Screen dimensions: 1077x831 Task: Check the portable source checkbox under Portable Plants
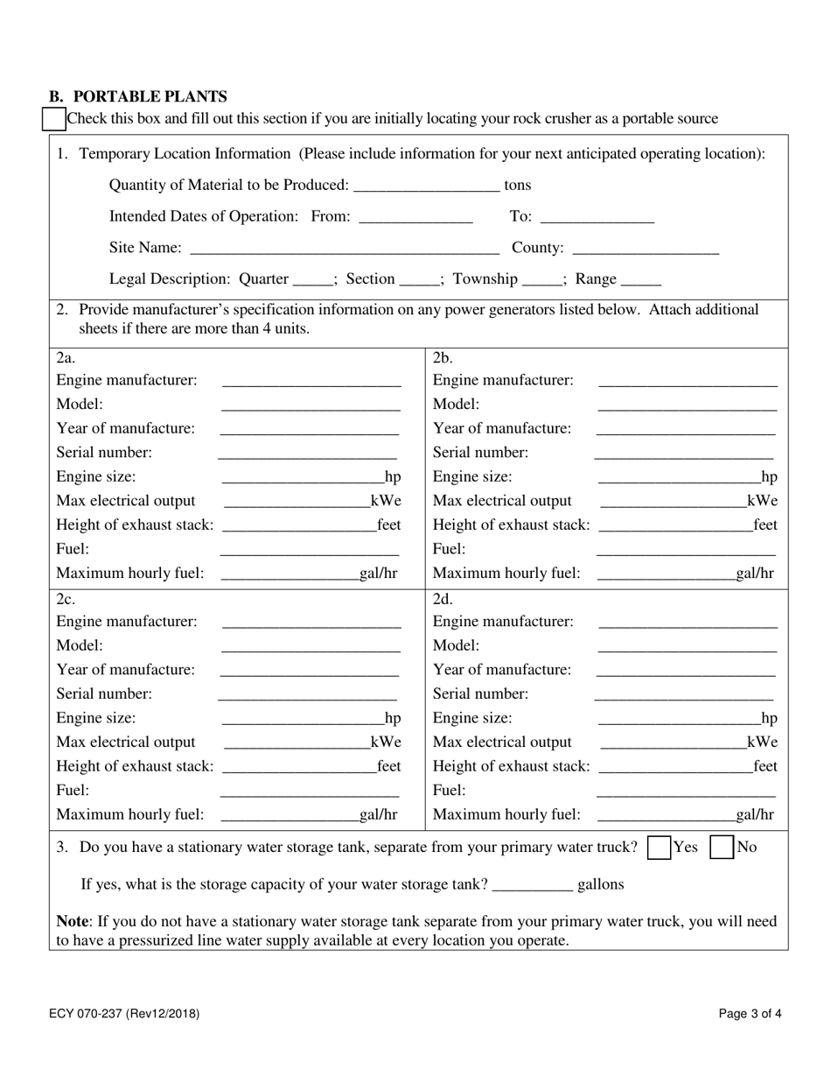53,119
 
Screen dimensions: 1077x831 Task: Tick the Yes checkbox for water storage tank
659,848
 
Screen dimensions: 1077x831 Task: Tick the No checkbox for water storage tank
721,848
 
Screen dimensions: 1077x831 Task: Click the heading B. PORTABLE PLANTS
138,96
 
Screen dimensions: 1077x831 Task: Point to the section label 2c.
66,600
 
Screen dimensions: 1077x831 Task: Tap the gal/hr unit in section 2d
755,814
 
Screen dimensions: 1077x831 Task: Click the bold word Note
73,921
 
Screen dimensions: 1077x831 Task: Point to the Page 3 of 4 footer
750,1014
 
